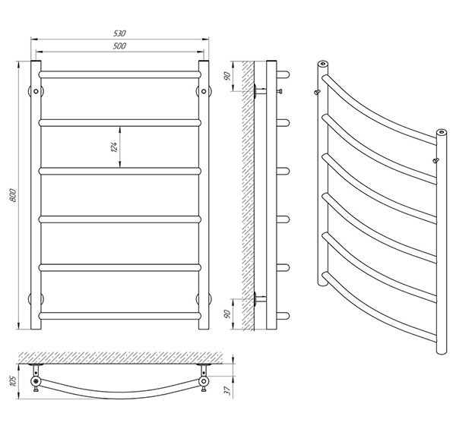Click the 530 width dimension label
[x=119, y=33]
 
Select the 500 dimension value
[x=119, y=46]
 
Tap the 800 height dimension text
[x=13, y=195]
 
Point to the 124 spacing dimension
[x=114, y=147]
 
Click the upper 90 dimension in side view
[x=227, y=76]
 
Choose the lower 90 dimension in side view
[x=227, y=314]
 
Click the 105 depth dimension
[x=13, y=381]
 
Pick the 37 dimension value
[x=228, y=390]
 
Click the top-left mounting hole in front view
[x=36, y=91]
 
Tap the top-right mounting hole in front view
[x=204, y=91]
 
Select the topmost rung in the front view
[x=120, y=74]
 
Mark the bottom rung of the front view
[x=120, y=316]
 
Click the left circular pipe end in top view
[x=36, y=381]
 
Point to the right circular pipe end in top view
[x=204, y=381]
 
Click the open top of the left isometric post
[x=322, y=63]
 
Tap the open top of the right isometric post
[x=442, y=132]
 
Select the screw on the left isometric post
[x=317, y=92]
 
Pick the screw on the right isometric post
[x=435, y=160]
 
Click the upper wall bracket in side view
[x=260, y=91]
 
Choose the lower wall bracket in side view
[x=260, y=299]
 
